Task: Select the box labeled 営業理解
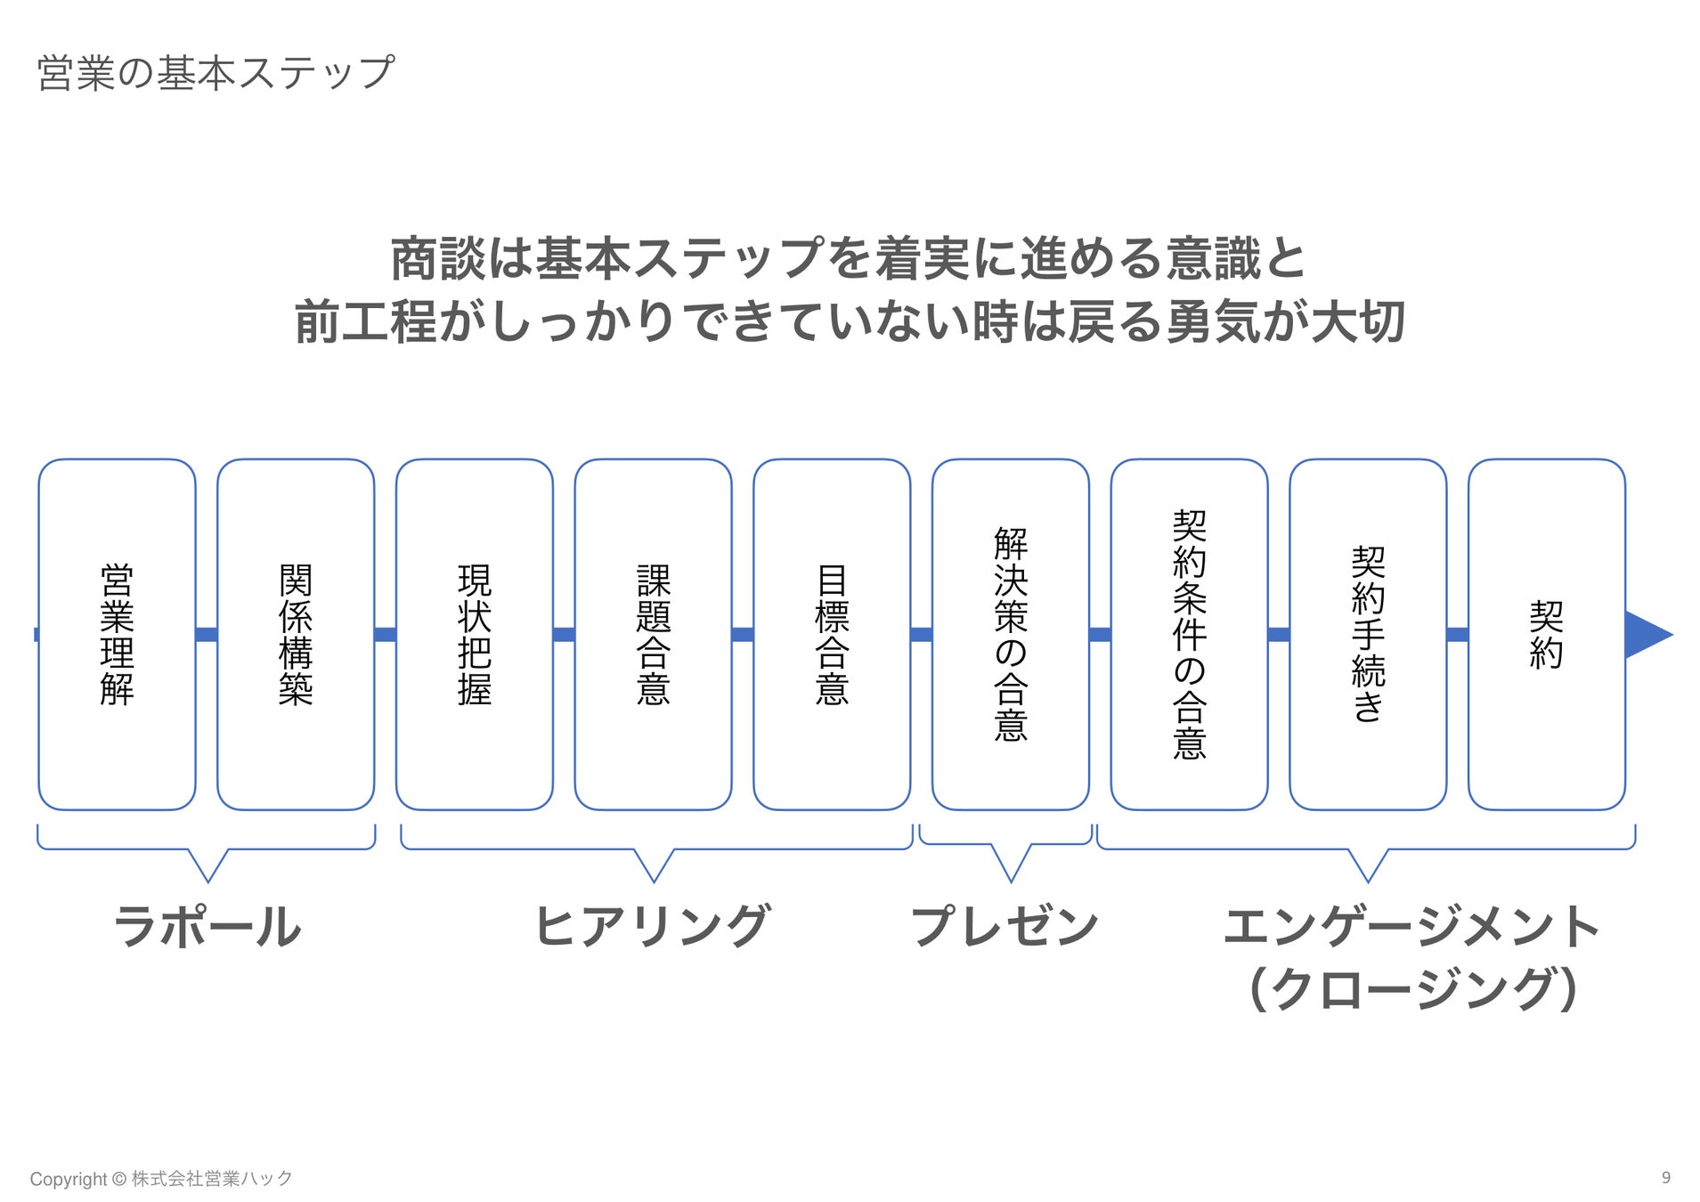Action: (x=117, y=634)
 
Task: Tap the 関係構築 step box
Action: (x=296, y=634)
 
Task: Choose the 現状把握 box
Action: (x=474, y=634)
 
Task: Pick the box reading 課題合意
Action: (x=653, y=634)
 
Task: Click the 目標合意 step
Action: (x=832, y=634)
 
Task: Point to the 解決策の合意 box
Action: (x=1010, y=634)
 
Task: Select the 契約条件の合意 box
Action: (x=1189, y=634)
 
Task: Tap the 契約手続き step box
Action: (x=1368, y=634)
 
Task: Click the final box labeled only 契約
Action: (x=1546, y=634)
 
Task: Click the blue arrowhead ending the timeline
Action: (x=1647, y=635)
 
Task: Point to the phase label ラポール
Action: (x=207, y=926)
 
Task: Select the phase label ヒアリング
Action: (x=652, y=926)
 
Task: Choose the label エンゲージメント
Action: (x=1411, y=926)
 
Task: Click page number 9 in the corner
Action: (x=1665, y=1177)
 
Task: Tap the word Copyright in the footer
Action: (x=69, y=1179)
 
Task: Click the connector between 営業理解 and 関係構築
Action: (x=207, y=635)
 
